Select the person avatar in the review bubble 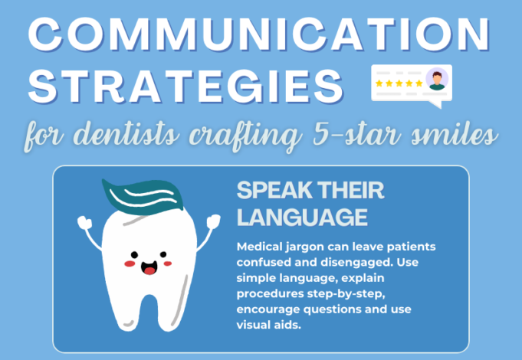point(438,79)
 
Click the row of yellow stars point(398,83)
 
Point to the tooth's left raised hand point(85,224)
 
